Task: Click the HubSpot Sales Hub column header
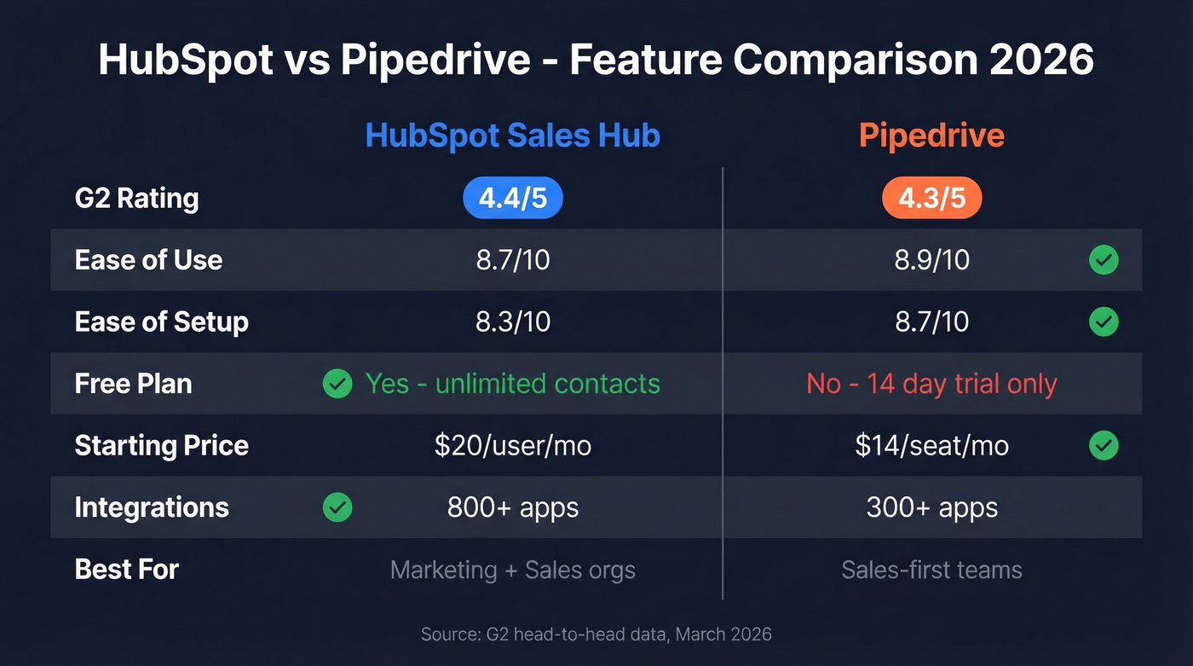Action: point(512,136)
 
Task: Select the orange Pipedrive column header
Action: point(931,136)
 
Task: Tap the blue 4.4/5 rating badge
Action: point(512,199)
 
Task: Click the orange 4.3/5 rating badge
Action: point(931,199)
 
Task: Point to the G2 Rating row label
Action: point(136,199)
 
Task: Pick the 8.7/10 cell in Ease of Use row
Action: point(512,260)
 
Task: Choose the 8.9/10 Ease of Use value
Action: point(931,260)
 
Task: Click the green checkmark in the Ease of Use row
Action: point(1104,260)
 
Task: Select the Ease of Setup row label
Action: point(161,321)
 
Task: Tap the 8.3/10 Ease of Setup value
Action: point(512,321)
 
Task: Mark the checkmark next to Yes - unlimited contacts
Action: point(337,384)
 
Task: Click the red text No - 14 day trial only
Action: point(931,384)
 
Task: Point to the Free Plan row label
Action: point(133,384)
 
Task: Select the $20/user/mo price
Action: point(512,445)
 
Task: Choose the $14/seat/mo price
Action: point(931,445)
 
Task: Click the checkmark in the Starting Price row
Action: point(1104,445)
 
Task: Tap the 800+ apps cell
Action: point(512,507)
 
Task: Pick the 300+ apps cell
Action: point(931,507)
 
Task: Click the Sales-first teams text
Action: point(931,570)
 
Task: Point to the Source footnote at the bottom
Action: point(596,634)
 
